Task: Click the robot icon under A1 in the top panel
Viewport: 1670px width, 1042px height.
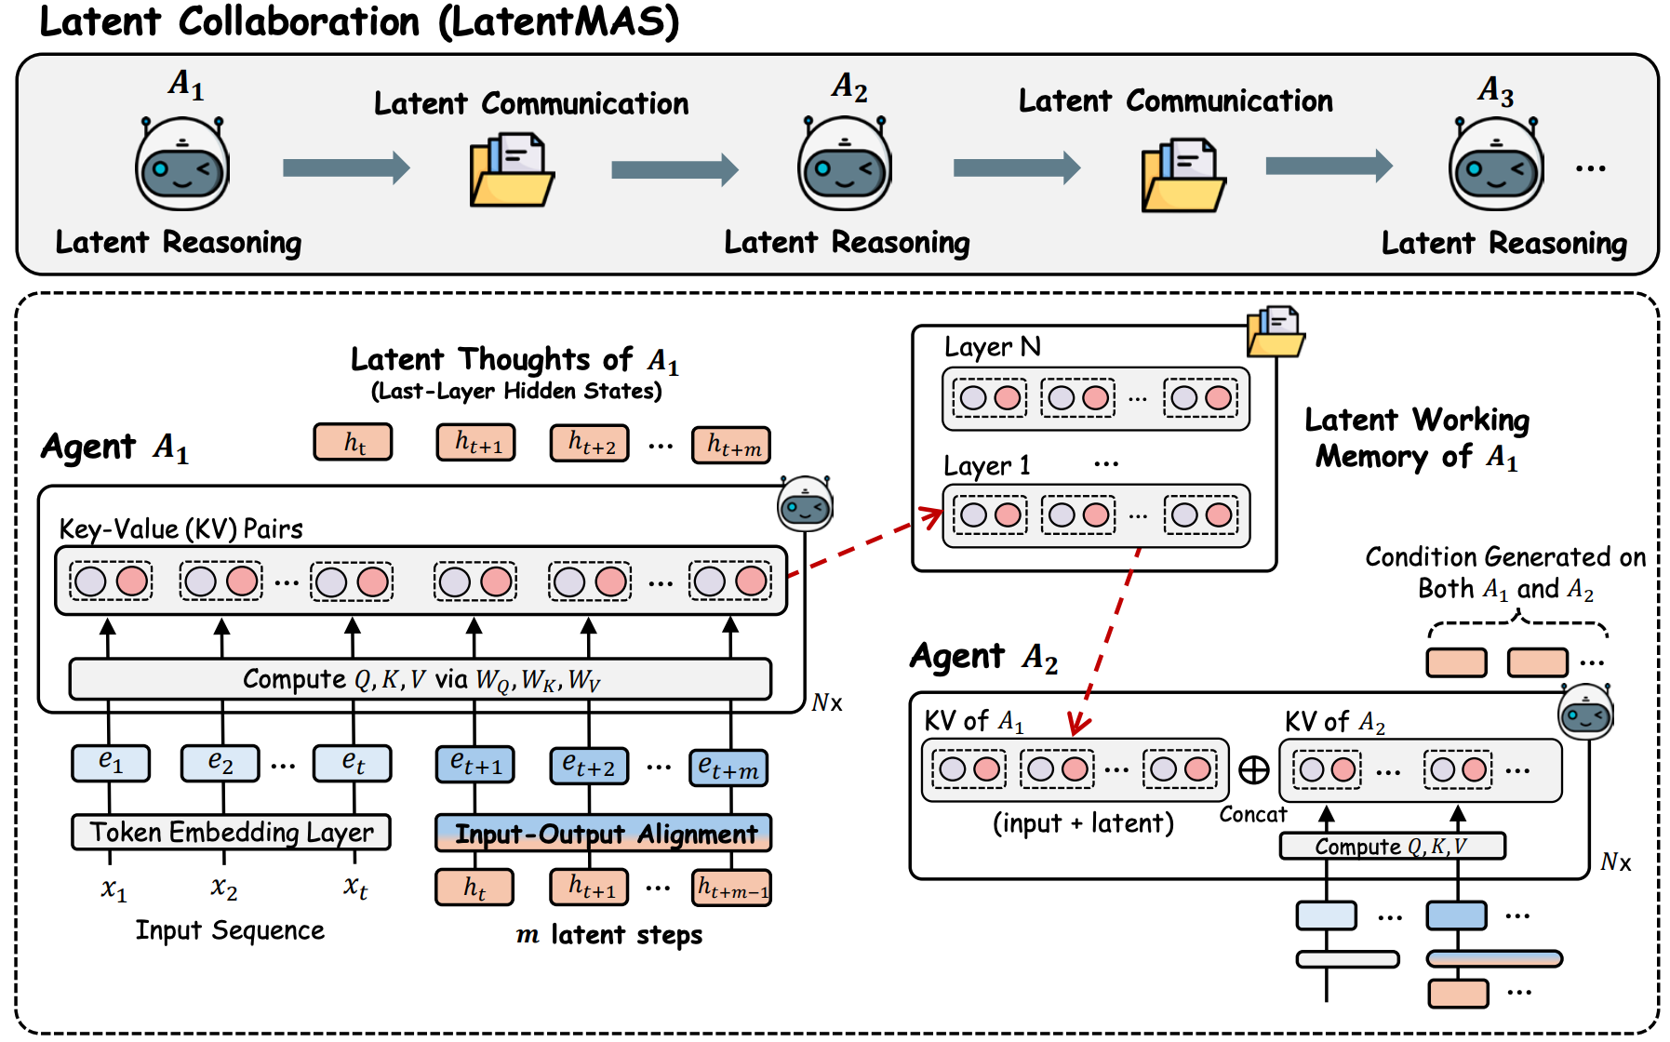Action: pos(182,164)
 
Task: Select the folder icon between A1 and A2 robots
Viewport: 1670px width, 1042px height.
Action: pos(512,169)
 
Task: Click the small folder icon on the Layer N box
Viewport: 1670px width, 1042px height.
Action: pos(1276,331)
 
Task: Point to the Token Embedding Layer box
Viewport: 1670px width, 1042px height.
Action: pos(231,832)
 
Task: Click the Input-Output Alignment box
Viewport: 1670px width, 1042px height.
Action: pos(604,833)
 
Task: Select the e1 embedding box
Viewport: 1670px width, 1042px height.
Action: pos(111,763)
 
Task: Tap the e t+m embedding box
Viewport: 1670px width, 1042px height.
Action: pos(728,768)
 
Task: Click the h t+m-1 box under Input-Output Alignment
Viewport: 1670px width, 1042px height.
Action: pos(731,888)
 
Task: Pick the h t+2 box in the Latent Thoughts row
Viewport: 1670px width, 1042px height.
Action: pos(590,443)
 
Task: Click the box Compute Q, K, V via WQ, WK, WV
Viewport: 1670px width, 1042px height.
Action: pos(421,679)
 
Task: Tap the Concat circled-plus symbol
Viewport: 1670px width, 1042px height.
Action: pos(1254,769)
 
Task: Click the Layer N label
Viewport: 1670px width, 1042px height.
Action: pos(992,347)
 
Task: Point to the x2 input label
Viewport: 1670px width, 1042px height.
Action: pos(223,888)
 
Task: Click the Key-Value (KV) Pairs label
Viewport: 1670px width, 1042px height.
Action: pos(180,529)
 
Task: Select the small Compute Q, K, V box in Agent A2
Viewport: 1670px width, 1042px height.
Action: pos(1392,846)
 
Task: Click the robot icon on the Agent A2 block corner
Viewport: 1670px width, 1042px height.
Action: pos(1585,712)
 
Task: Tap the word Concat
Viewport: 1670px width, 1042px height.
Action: pos(1253,815)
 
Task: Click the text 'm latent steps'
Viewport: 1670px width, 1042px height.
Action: pos(609,934)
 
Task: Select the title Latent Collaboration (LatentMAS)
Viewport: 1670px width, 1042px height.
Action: pos(359,22)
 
